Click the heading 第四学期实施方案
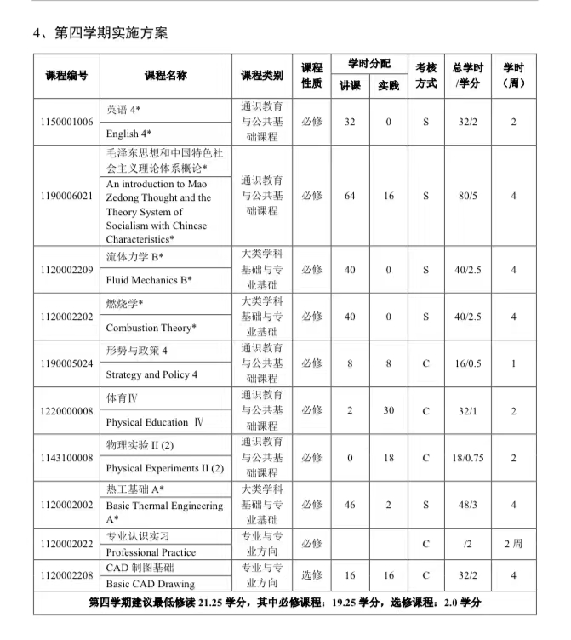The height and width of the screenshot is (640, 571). (x=100, y=33)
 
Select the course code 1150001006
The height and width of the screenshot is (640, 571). (x=66, y=122)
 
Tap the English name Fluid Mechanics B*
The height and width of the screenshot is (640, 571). (x=149, y=279)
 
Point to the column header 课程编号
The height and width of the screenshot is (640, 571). (x=66, y=76)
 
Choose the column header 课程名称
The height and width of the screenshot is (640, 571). (x=165, y=76)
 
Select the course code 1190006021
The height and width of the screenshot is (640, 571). (x=66, y=196)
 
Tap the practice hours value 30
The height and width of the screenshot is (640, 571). (x=388, y=410)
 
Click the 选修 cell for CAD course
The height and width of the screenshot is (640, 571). (x=311, y=575)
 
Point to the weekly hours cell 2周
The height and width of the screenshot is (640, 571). (x=513, y=543)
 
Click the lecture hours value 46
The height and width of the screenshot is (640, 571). (x=350, y=505)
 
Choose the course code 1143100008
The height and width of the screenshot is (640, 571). (x=66, y=458)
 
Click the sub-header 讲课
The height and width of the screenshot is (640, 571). (x=350, y=86)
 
